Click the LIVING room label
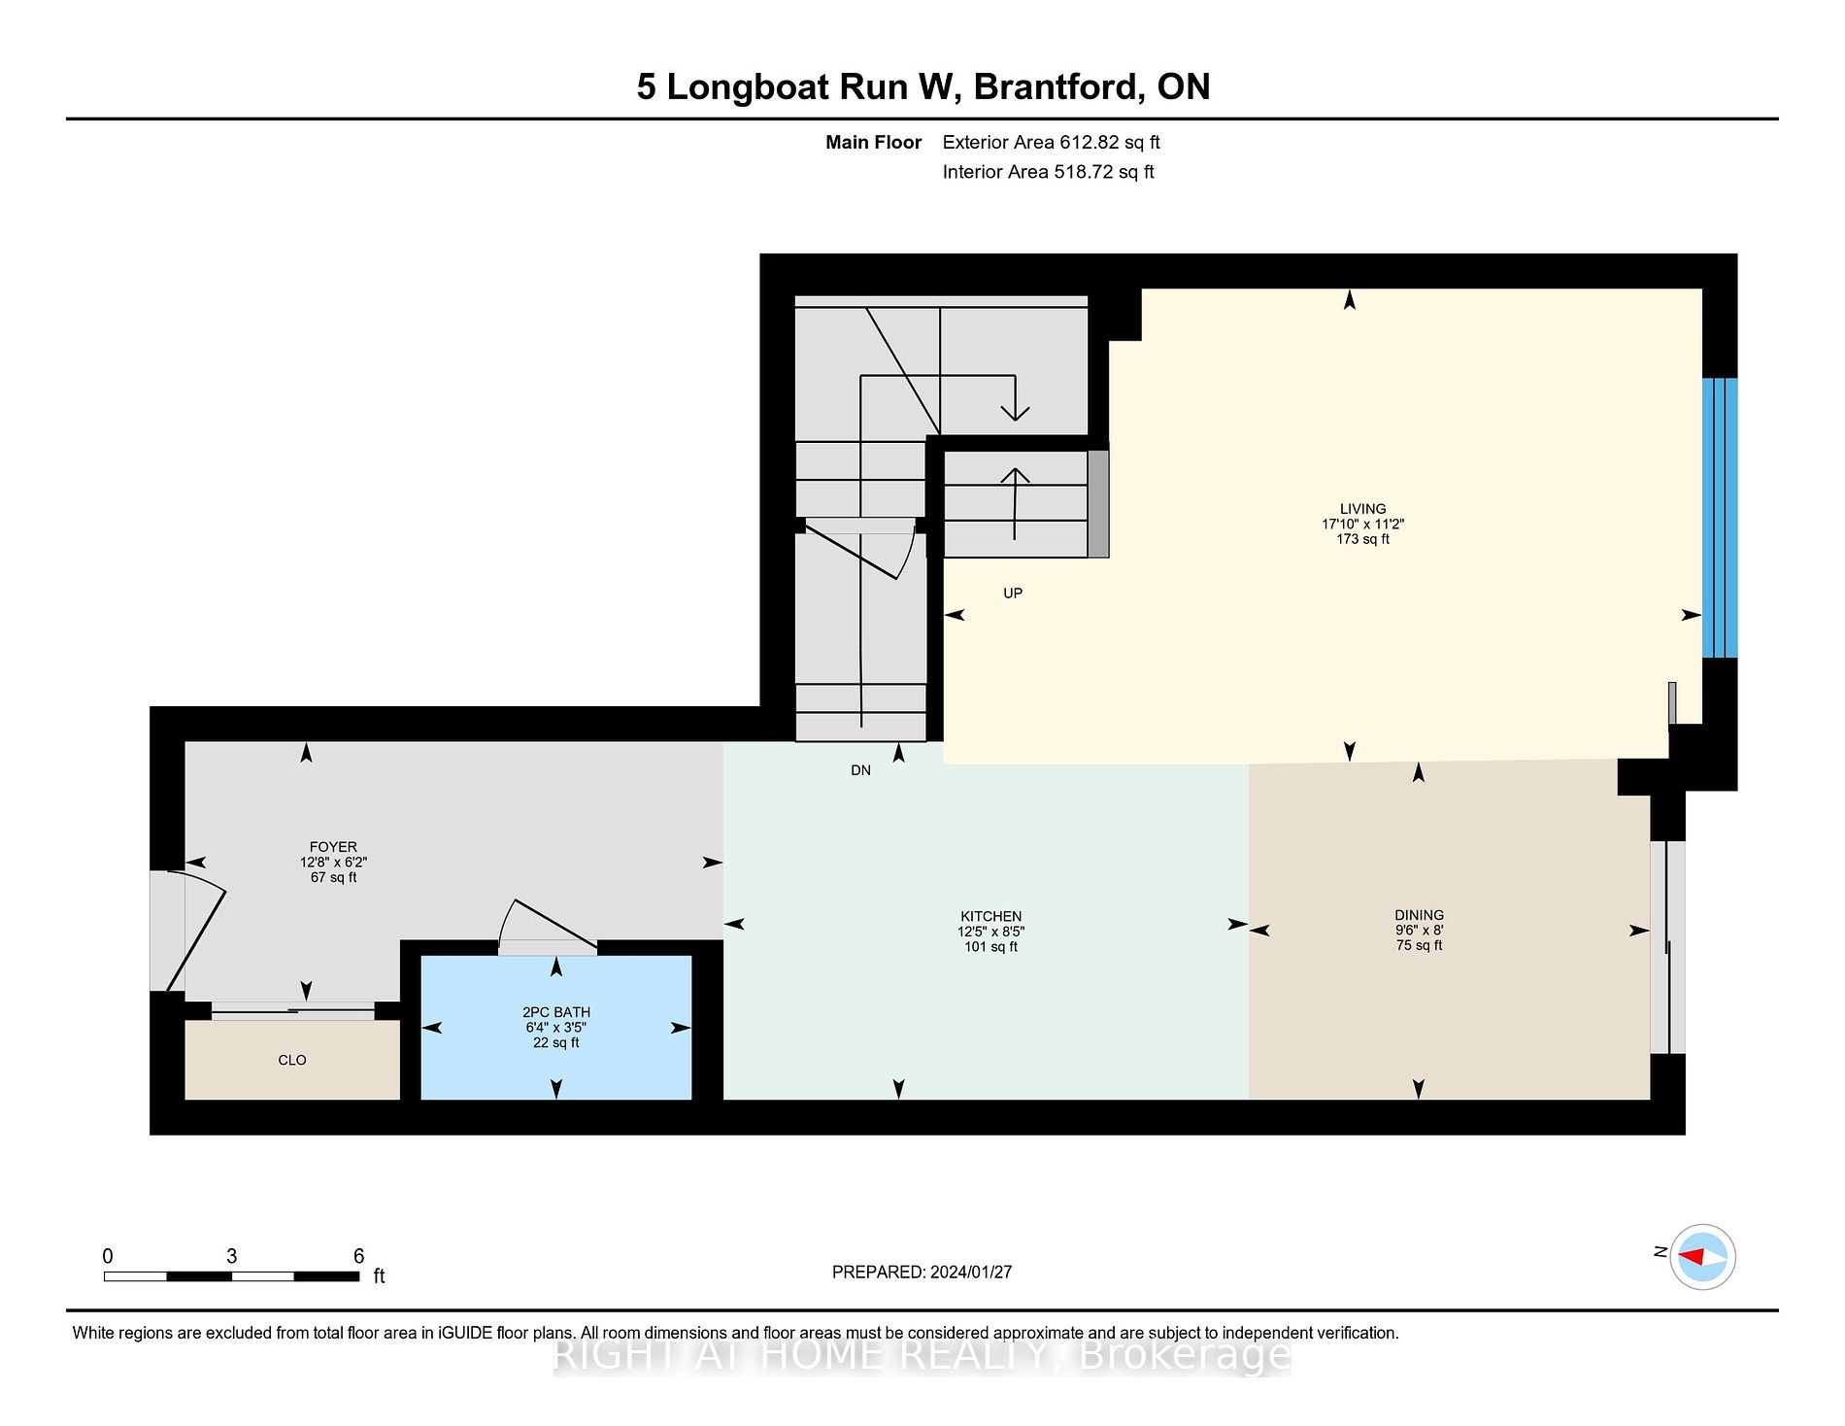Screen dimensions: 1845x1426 (1362, 509)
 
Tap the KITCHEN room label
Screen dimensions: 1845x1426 (990, 916)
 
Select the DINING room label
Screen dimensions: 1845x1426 (1419, 915)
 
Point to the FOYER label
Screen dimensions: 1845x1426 (333, 847)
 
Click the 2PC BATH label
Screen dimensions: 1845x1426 (556, 1012)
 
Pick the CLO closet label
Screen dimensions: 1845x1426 (292, 1060)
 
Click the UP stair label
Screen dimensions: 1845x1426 (1013, 594)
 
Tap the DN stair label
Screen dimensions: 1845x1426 (860, 770)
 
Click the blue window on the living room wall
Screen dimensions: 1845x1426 (1719, 518)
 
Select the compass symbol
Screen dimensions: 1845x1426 (1703, 1257)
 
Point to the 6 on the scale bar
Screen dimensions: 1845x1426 (358, 1256)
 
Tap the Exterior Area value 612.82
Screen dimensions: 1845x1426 (1089, 143)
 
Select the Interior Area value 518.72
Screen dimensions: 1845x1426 (1083, 172)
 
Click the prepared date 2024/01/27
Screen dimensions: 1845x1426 (971, 1273)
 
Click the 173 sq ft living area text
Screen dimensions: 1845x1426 (1362, 539)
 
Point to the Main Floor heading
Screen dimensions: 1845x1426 (873, 143)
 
